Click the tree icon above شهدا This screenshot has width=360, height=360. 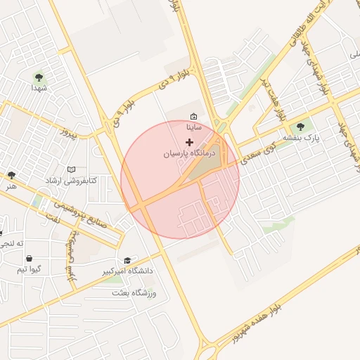(38, 77)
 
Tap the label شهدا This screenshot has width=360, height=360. (38, 89)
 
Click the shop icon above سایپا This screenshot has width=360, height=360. (194, 117)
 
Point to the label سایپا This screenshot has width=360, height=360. (194, 128)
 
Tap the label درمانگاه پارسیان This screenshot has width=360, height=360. (188, 153)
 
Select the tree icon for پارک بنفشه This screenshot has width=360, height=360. (301, 127)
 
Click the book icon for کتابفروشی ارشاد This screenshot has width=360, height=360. (70, 169)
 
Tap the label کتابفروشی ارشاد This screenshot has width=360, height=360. (72, 181)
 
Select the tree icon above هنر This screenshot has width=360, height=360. (11, 174)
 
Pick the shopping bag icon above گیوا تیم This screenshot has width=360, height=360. (28, 257)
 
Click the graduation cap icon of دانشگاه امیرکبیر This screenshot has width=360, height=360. (127, 259)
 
